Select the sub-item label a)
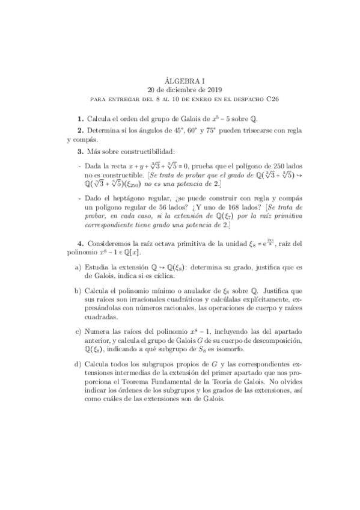[78, 267]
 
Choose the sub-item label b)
[78, 290]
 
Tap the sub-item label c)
[78, 331]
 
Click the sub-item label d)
[78, 364]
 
